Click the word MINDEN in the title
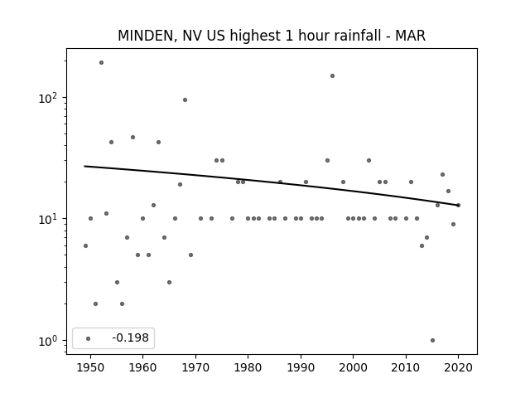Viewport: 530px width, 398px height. (x=146, y=36)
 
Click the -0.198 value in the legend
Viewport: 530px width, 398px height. (x=130, y=337)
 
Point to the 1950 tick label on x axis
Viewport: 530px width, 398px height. (x=90, y=367)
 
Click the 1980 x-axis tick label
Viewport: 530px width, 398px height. (x=248, y=367)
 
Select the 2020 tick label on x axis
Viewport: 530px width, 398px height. (x=458, y=367)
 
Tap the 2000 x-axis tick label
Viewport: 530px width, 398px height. (x=354, y=367)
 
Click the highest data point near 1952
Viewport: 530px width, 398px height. (x=101, y=63)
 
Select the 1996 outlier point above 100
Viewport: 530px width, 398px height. (x=332, y=75)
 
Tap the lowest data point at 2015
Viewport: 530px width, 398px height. (x=432, y=341)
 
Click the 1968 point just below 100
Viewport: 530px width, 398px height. (x=185, y=99)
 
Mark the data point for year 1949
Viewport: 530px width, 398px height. (x=85, y=245)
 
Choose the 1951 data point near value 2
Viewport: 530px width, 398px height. (x=96, y=304)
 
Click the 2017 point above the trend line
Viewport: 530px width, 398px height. (x=442, y=175)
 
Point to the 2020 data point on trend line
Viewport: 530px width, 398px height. (x=458, y=205)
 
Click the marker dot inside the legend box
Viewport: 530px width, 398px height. (x=88, y=338)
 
